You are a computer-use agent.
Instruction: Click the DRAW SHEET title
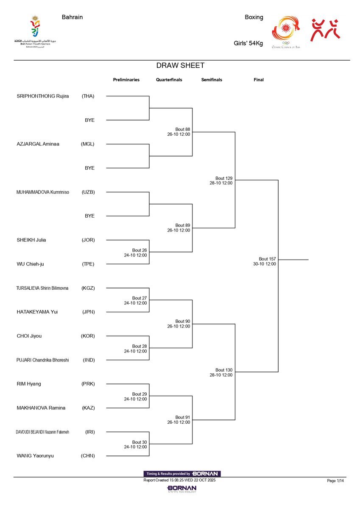pos(180,65)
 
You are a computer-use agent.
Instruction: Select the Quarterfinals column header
pos(169,80)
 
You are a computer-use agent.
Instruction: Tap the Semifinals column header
pos(212,80)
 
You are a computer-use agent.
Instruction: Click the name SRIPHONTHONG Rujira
pos(43,96)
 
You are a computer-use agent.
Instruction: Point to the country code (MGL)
pos(88,144)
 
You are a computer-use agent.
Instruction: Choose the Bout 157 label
pos(267,259)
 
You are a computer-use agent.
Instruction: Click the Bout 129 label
pos(223,178)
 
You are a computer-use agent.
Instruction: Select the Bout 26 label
pos(139,250)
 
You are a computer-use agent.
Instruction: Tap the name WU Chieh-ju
pos(30,264)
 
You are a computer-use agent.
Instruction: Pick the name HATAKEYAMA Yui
pos(37,312)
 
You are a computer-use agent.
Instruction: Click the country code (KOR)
pos(88,336)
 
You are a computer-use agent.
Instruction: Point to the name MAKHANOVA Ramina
pos(41,408)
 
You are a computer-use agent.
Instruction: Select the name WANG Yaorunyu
pos(35,456)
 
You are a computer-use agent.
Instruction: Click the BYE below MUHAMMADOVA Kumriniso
pos(89,216)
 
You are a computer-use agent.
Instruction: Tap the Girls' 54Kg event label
pos(248,43)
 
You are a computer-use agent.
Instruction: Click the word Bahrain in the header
pos(72,17)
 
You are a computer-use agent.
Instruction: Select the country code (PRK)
pos(88,384)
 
